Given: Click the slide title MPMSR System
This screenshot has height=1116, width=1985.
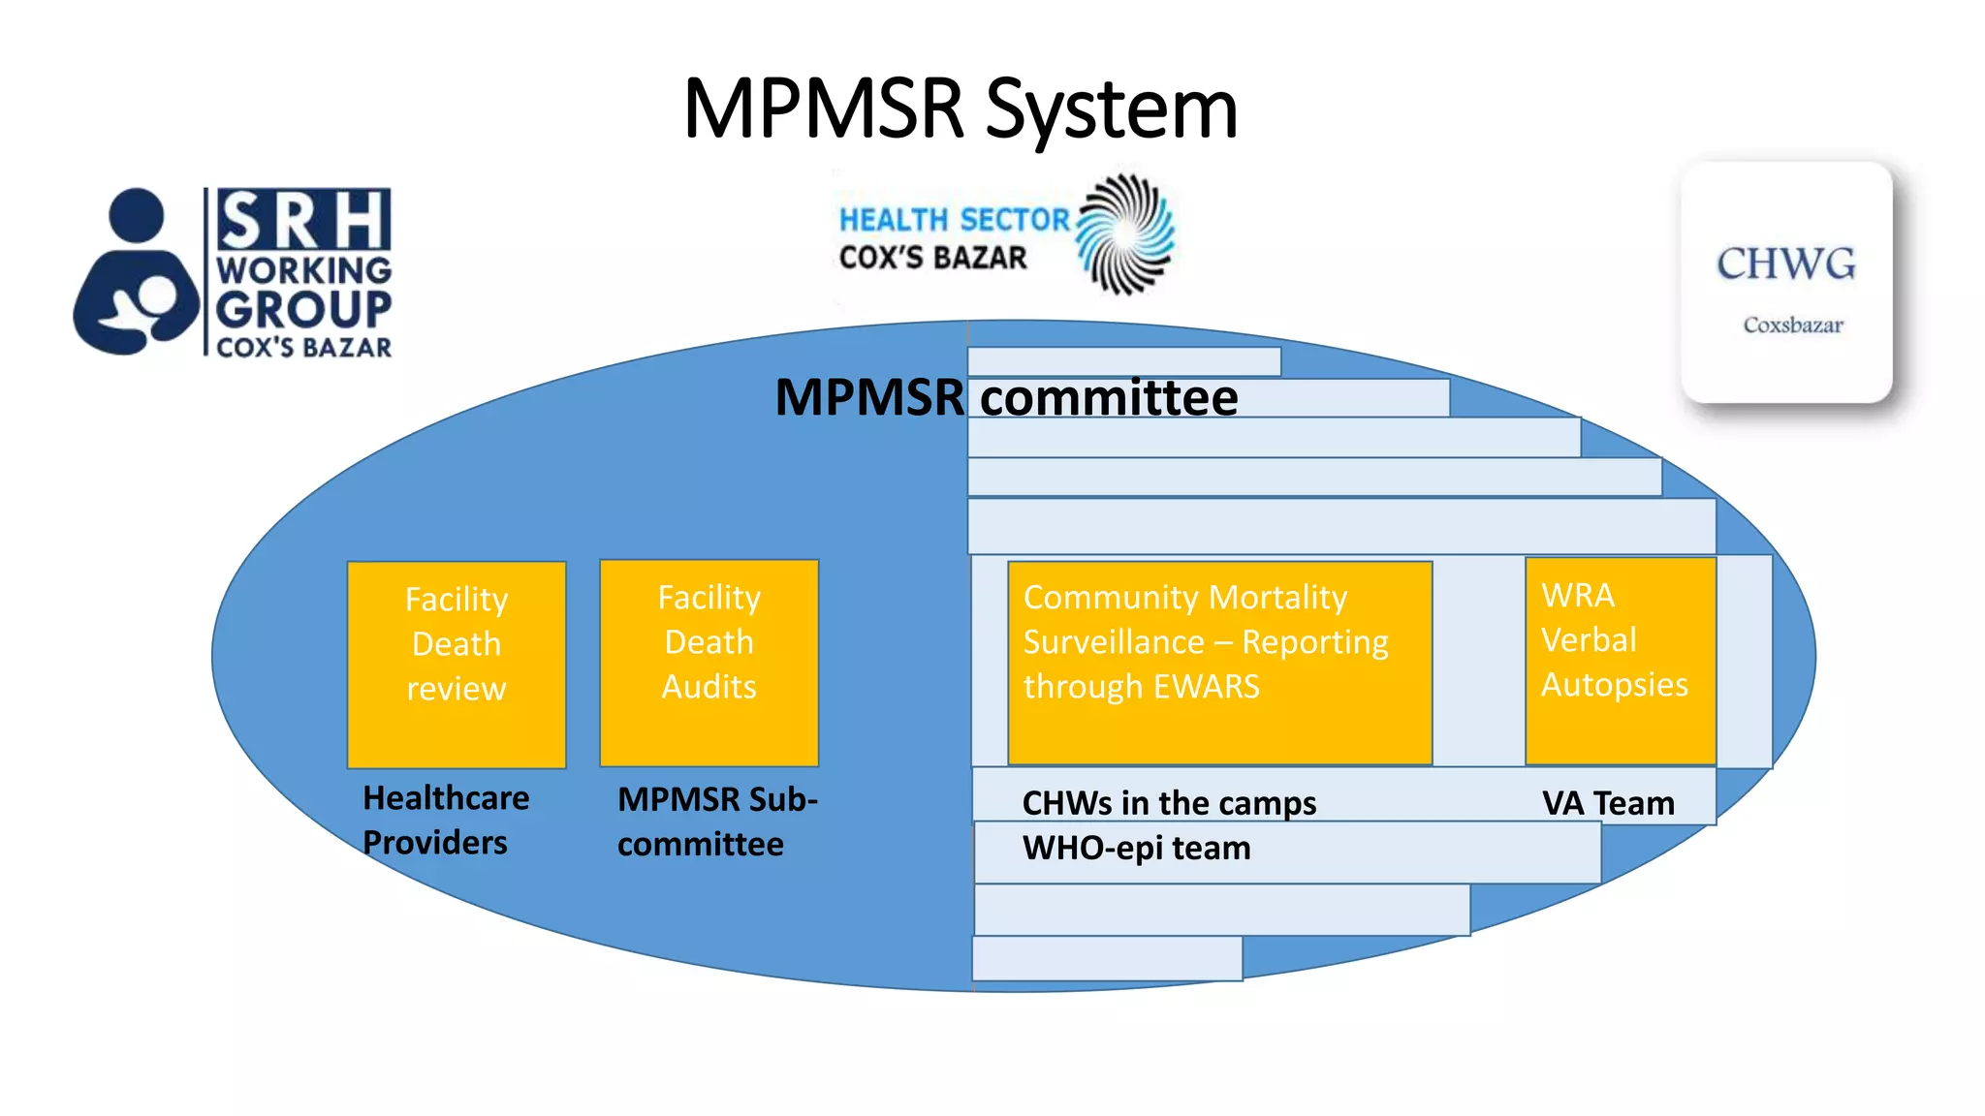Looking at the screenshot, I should click(x=960, y=109).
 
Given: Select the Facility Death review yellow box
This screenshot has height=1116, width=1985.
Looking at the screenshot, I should click(x=457, y=664).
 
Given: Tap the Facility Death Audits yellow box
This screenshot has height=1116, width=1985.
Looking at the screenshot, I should click(x=709, y=662).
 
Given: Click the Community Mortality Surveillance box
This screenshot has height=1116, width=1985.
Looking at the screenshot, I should click(x=1219, y=663).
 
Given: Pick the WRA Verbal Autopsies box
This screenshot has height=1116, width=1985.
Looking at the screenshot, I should click(x=1620, y=661).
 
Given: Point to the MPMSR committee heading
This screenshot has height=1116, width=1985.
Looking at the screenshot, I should click(x=1006, y=397).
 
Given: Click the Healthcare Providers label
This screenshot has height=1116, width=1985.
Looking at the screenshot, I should click(x=446, y=820).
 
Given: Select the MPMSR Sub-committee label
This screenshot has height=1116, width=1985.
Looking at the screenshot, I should click(x=717, y=821).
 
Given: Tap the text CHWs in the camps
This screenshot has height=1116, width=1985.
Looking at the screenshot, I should click(x=1169, y=803).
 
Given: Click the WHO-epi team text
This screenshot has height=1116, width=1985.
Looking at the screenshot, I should click(x=1136, y=849).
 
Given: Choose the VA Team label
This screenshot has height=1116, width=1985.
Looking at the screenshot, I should click(x=1608, y=803).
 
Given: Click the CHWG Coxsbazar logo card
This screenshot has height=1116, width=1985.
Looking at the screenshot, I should click(x=1786, y=283).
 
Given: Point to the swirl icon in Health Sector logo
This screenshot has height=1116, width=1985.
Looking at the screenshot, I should click(x=1125, y=233).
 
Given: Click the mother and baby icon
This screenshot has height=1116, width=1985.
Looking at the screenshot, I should click(x=136, y=274).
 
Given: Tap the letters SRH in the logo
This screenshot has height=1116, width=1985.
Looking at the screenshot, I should click(x=303, y=220).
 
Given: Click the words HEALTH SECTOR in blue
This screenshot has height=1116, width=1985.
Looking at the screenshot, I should click(x=954, y=220).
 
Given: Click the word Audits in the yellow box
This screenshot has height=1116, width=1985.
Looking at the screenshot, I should click(x=709, y=687).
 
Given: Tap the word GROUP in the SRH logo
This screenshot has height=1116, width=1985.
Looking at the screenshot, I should click(x=303, y=310).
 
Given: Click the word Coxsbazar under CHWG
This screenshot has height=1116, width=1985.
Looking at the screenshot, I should click(x=1792, y=325).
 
